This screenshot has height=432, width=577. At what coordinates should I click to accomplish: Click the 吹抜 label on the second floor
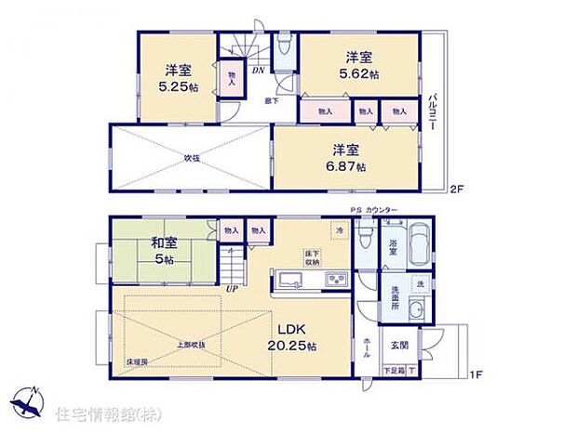click(192, 159)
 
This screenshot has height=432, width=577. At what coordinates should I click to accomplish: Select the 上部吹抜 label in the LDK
click(192, 345)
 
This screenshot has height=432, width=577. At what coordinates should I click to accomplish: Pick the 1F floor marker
click(475, 374)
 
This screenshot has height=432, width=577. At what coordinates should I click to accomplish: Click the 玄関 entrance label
click(412, 344)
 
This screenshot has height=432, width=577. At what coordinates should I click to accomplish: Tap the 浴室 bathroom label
click(392, 246)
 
